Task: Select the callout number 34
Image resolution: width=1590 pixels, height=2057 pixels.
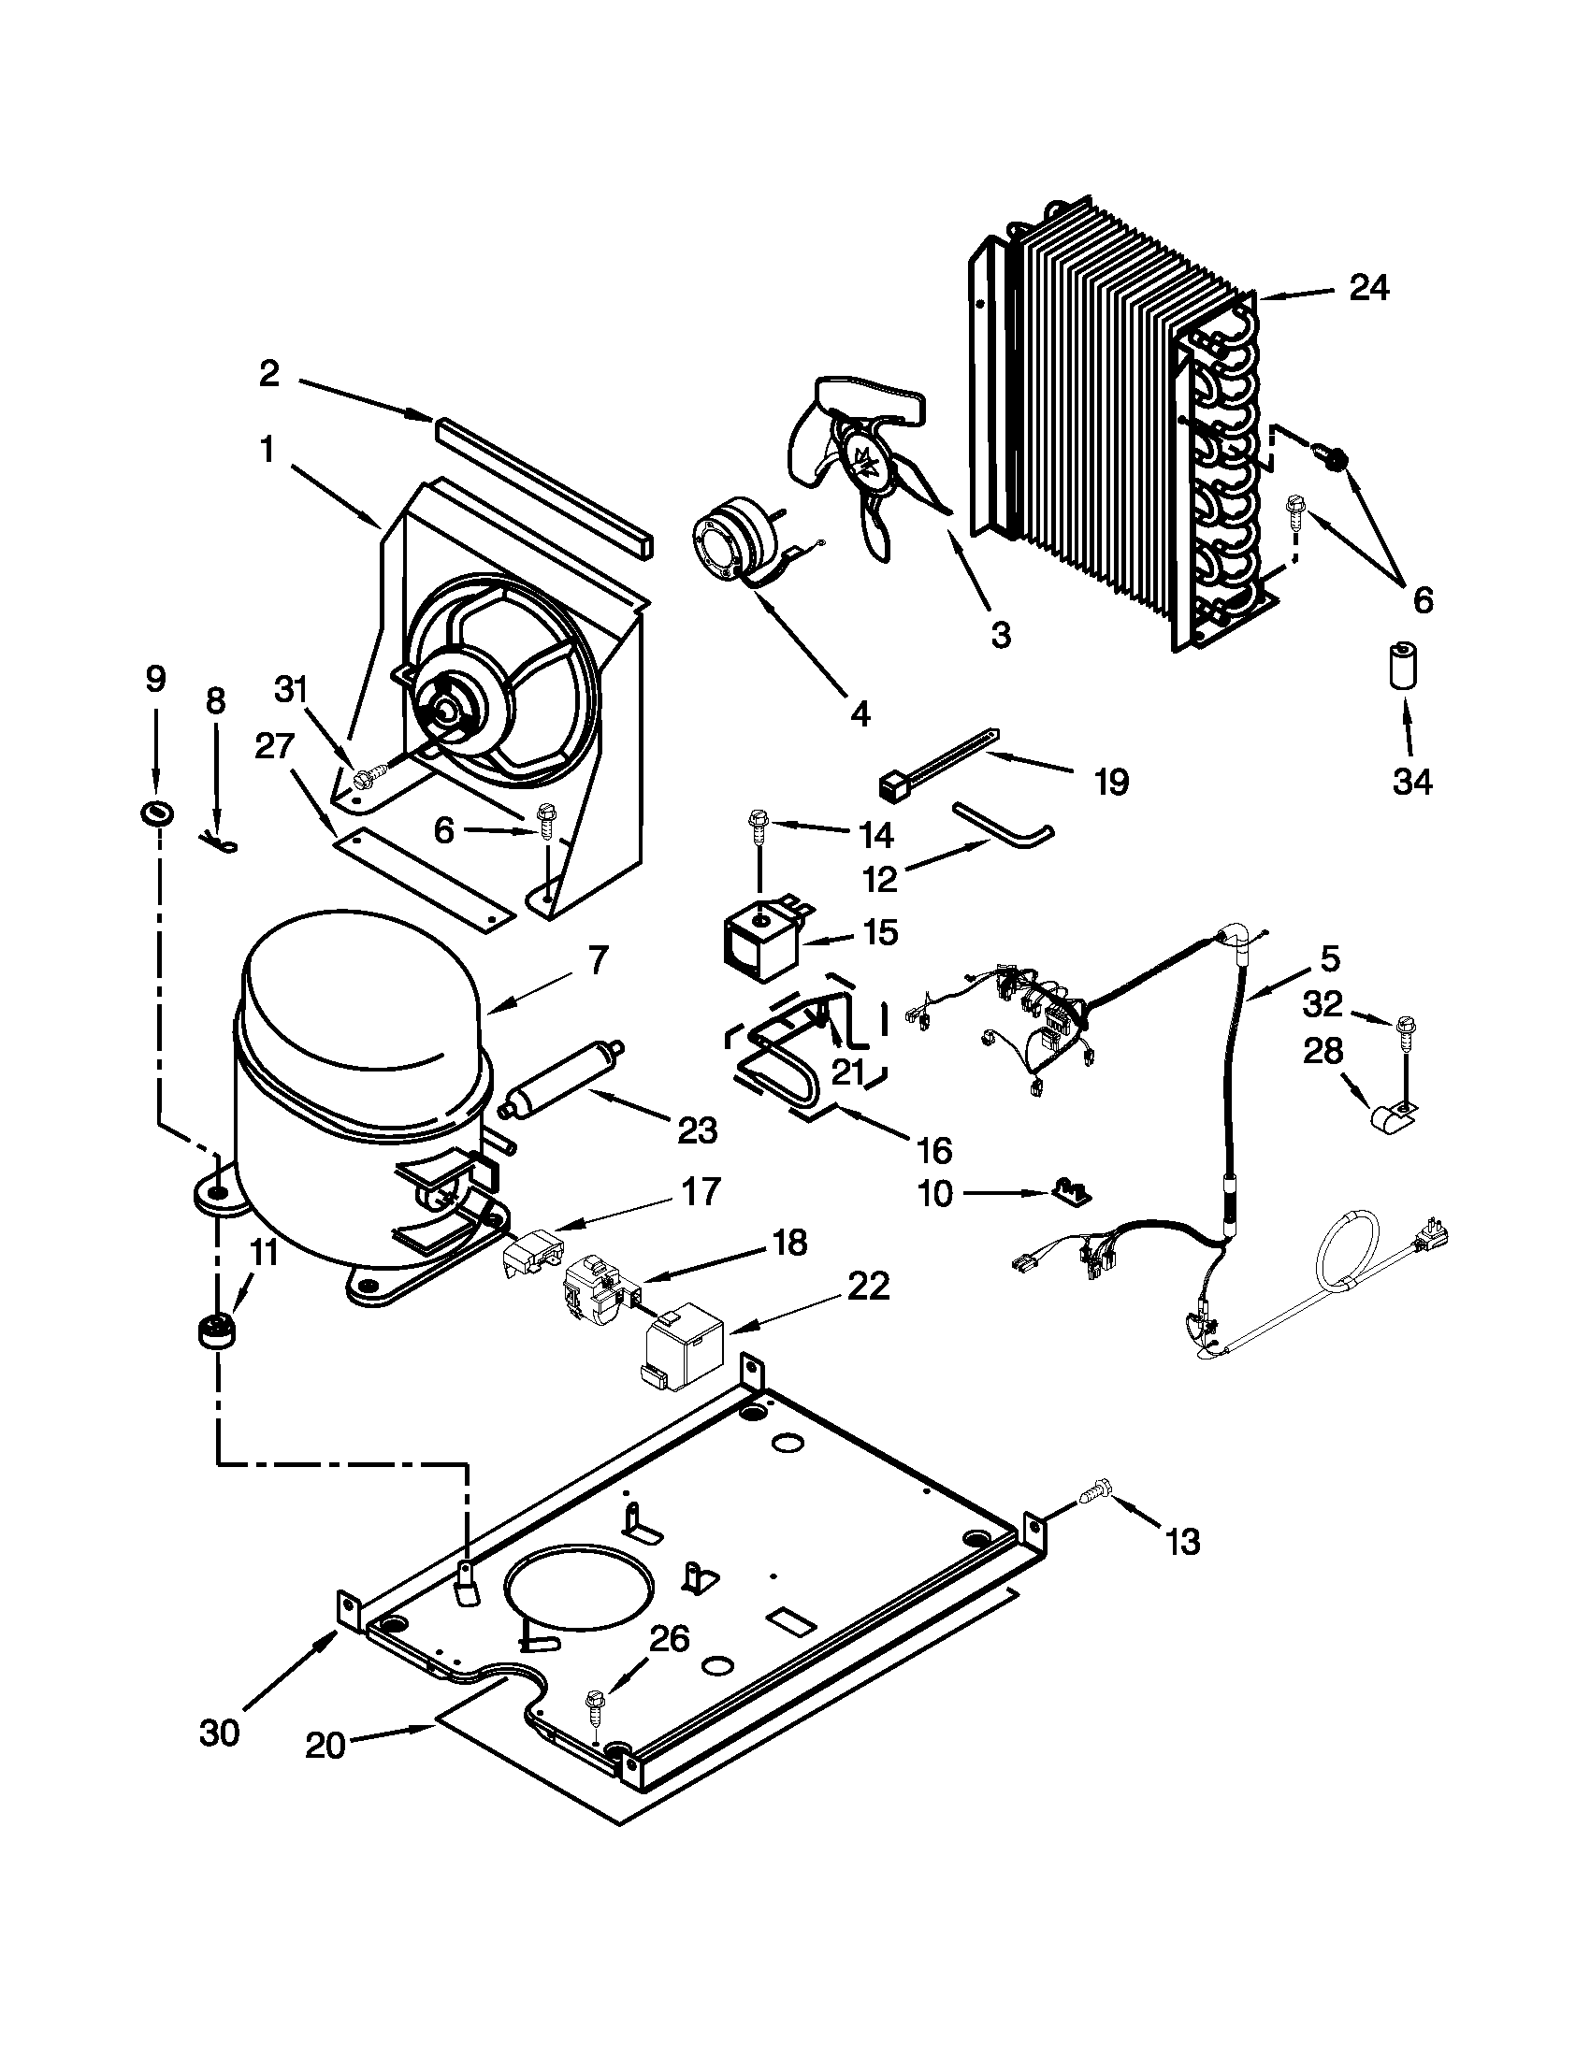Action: pos(1411,781)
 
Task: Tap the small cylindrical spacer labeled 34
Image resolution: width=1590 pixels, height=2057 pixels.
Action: pos(1402,666)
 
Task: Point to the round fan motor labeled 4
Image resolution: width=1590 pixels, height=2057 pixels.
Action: pos(734,545)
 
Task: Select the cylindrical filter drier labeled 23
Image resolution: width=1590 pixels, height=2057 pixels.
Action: pos(563,1076)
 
